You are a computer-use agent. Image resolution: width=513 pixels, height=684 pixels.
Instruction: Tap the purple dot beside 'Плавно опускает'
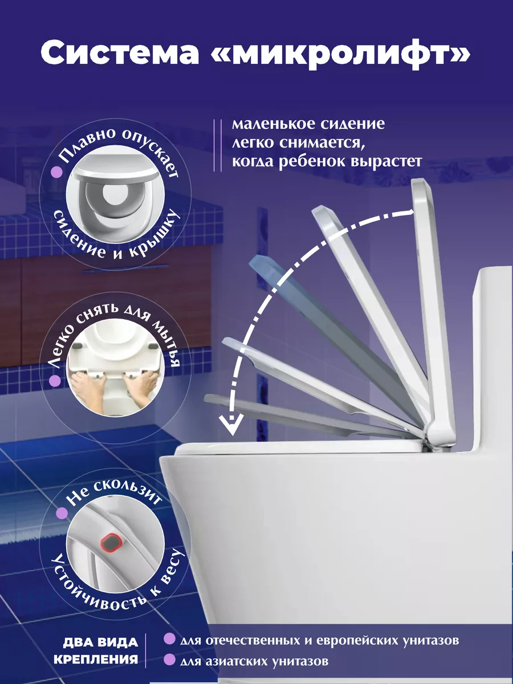[x=56, y=172]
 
